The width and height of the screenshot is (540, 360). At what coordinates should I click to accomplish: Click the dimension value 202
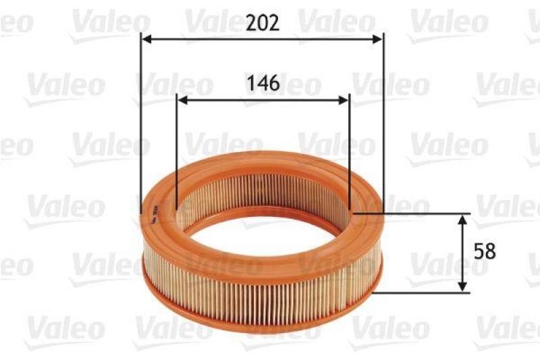point(262,22)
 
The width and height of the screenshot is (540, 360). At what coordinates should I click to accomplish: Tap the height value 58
point(485,251)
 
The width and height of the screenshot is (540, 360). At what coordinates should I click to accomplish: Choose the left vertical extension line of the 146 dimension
point(177,149)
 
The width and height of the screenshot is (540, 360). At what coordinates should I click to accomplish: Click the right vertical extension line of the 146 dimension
point(350,149)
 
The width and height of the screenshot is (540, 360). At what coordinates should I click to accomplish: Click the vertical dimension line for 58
point(462,253)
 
